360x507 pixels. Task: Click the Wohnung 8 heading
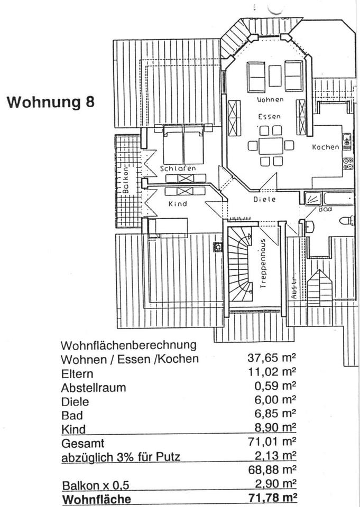[x=51, y=102]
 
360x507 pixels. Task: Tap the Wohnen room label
[x=270, y=99]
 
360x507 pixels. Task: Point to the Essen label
[x=269, y=116]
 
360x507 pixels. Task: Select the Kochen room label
[x=325, y=147]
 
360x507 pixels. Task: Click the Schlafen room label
[x=178, y=168]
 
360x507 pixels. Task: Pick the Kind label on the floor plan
[x=178, y=203]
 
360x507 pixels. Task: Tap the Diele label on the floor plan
[x=265, y=199]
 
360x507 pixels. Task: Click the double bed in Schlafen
[x=183, y=145]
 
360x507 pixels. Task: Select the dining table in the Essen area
[x=271, y=145]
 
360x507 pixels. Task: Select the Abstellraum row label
[x=94, y=387]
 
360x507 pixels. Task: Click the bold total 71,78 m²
[x=271, y=497]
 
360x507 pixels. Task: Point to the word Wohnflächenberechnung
[x=128, y=345]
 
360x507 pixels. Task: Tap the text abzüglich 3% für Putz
[x=121, y=457]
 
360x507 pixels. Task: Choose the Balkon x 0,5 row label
[x=95, y=485]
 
